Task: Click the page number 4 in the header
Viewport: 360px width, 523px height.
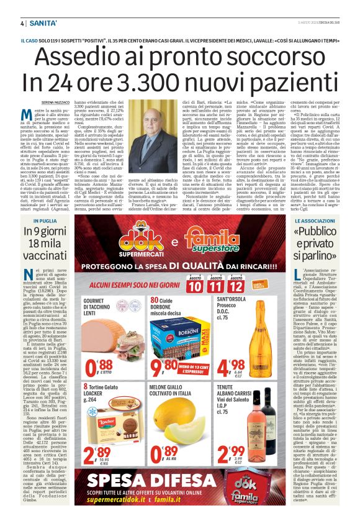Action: tap(22, 24)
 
